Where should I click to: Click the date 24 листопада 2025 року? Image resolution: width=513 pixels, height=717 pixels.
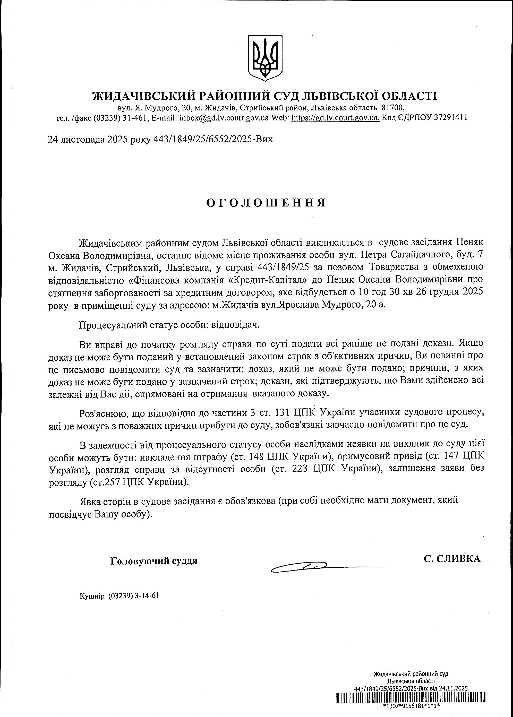click(99, 139)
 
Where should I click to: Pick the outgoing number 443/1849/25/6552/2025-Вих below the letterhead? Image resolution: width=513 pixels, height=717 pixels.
click(213, 139)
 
